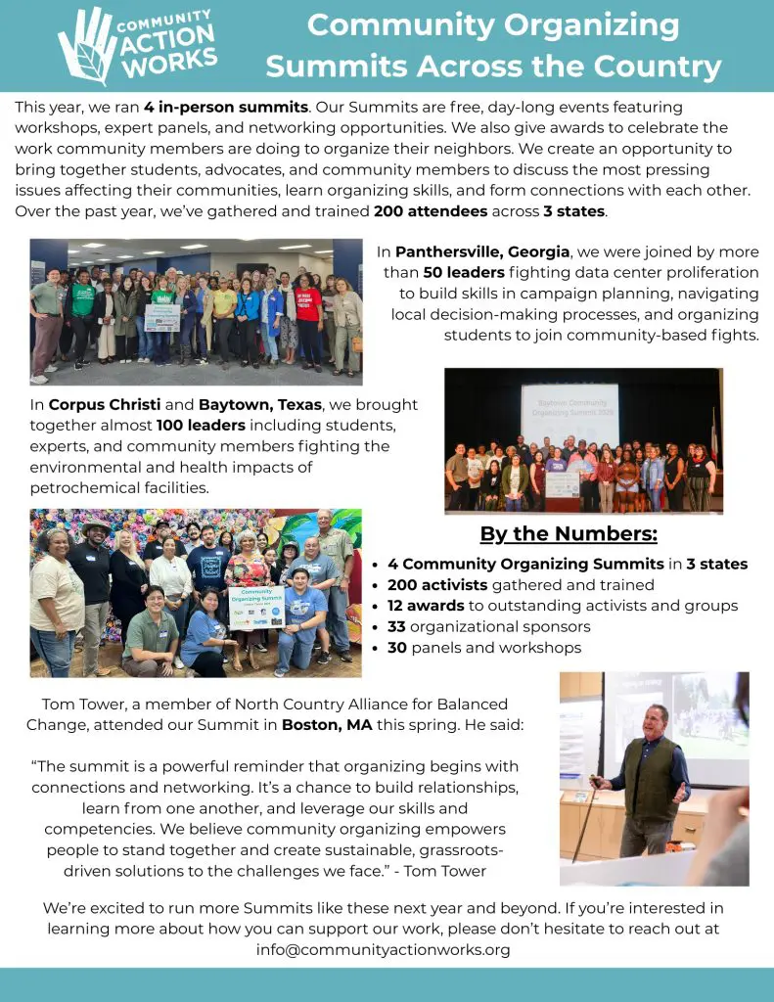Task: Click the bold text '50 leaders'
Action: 463,272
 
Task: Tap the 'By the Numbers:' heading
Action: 569,534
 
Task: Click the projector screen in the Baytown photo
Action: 569,412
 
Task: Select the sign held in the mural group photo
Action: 256,608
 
